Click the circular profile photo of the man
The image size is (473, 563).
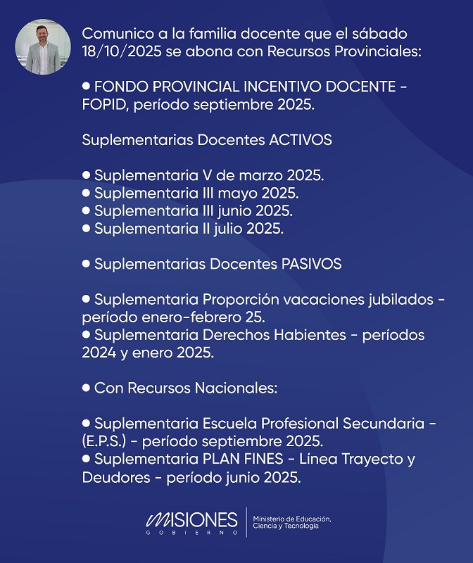(43, 46)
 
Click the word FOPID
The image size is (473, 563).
(104, 105)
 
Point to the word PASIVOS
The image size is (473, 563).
(311, 264)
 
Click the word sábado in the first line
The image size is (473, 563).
(382, 34)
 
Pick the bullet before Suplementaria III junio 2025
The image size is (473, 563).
(87, 210)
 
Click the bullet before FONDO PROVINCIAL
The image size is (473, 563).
(87, 86)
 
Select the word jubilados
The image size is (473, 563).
(397, 299)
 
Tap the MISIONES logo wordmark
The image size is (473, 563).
(191, 519)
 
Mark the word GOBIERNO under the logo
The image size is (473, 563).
(191, 533)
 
